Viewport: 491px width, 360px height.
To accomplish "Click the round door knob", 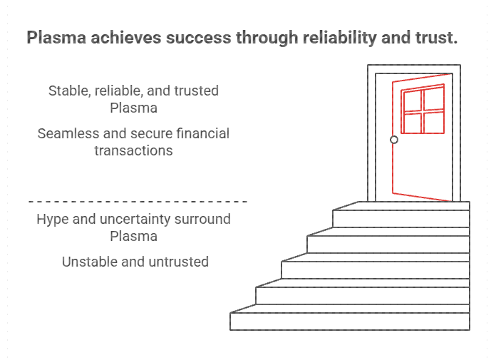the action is coord(394,140).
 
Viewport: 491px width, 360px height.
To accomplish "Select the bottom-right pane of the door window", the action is coord(434,122).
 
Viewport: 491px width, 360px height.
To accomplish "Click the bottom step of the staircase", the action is coord(350,322).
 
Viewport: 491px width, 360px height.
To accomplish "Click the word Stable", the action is coord(69,91).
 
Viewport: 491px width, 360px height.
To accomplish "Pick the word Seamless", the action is coord(70,133).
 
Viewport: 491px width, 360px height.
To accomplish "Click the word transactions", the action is coord(133,150).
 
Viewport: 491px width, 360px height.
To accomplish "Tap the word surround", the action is coord(204,219).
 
